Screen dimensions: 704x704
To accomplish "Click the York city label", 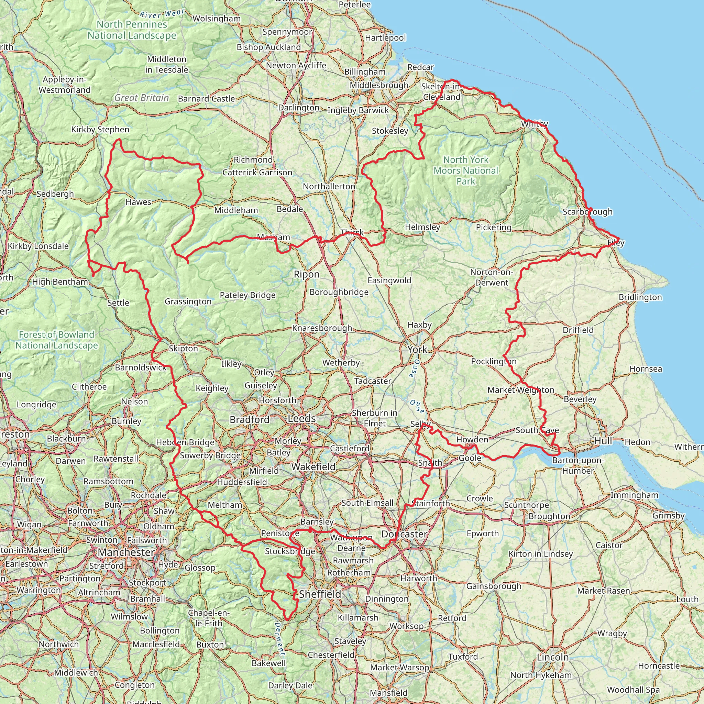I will pyautogui.click(x=417, y=350).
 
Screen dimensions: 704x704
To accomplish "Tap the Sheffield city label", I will pyautogui.click(x=320, y=594).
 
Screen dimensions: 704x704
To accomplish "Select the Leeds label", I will pyautogui.click(x=302, y=419).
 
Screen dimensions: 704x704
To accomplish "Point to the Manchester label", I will pyautogui.click(x=126, y=552).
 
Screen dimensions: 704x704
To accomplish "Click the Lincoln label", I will pyautogui.click(x=553, y=657).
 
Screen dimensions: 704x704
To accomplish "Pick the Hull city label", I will pyautogui.click(x=603, y=441).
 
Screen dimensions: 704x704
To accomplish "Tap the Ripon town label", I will pyautogui.click(x=306, y=274).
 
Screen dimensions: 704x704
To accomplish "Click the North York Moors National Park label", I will pyautogui.click(x=466, y=170).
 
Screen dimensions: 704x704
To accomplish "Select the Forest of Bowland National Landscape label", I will pyautogui.click(x=56, y=340).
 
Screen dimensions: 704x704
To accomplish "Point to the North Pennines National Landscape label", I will pyautogui.click(x=132, y=30).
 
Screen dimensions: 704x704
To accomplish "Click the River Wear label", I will pyautogui.click(x=162, y=14).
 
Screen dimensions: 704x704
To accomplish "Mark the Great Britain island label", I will pyautogui.click(x=141, y=98).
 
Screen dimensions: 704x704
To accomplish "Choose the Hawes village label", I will pyautogui.click(x=138, y=202).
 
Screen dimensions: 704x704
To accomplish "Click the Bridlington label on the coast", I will pyautogui.click(x=640, y=297).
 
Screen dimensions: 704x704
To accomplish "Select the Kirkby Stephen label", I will pyautogui.click(x=100, y=130).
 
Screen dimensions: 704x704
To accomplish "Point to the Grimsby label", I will pyautogui.click(x=668, y=516).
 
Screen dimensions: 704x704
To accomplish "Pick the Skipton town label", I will pyautogui.click(x=183, y=349).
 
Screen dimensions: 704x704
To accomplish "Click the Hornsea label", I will pyautogui.click(x=646, y=369).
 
